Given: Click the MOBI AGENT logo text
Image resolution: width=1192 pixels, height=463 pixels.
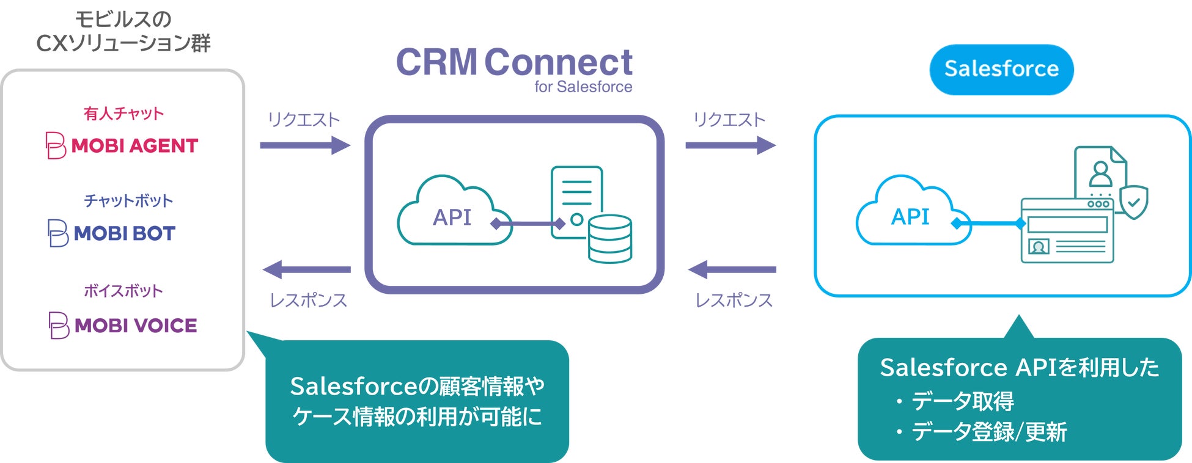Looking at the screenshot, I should pyautogui.click(x=134, y=146).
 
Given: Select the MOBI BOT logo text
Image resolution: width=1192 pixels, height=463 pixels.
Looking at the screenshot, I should pyautogui.click(x=124, y=233).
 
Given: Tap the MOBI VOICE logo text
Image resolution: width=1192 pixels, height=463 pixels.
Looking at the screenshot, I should pyautogui.click(x=135, y=326).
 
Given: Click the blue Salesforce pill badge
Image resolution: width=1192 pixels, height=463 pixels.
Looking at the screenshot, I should pyautogui.click(x=1001, y=69).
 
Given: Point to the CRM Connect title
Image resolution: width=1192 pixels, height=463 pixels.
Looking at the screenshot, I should pyautogui.click(x=514, y=62).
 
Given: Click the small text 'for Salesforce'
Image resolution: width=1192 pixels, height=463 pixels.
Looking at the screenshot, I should pyautogui.click(x=583, y=87).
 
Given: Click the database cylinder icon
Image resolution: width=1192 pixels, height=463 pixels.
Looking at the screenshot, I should pyautogui.click(x=609, y=239).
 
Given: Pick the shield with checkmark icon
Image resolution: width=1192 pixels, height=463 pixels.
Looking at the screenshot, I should pyautogui.click(x=1133, y=202).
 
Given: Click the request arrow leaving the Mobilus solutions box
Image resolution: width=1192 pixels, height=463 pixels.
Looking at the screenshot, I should pyautogui.click(x=304, y=145).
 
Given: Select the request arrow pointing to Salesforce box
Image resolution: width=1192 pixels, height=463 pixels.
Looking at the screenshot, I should pyautogui.click(x=730, y=145).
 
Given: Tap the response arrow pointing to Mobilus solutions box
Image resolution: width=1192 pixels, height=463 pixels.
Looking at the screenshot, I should pyautogui.click(x=307, y=269).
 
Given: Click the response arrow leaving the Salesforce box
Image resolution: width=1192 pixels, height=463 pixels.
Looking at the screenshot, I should pyautogui.click(x=732, y=269).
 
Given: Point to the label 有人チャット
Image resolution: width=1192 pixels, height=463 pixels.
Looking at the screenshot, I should pyautogui.click(x=123, y=114).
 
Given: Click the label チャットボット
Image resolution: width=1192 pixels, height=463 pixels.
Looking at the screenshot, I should pyautogui.click(x=128, y=201).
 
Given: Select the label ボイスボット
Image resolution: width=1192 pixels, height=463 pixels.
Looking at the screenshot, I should pyautogui.click(x=123, y=291).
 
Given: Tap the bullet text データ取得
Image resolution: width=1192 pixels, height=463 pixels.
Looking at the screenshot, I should pyautogui.click(x=963, y=401).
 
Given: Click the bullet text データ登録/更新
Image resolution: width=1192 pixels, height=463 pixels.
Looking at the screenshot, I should pyautogui.click(x=989, y=432).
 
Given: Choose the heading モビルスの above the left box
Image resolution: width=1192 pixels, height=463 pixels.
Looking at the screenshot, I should pyautogui.click(x=123, y=20).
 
